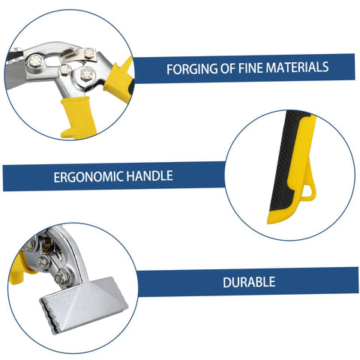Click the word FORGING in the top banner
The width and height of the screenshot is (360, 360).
coord(190,68)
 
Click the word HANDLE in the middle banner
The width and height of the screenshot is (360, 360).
coord(148,177)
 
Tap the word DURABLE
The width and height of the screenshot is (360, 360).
coord(248,283)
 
